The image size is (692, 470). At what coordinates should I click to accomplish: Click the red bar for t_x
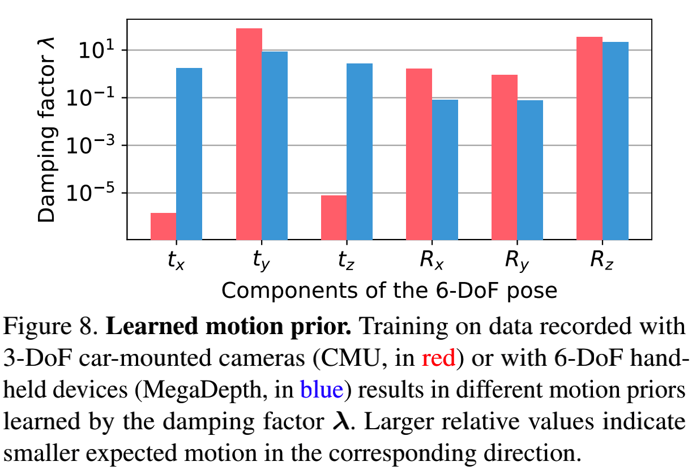coord(163,226)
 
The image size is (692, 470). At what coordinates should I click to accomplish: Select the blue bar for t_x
coord(189,153)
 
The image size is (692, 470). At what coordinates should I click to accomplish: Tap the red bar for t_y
coord(249,134)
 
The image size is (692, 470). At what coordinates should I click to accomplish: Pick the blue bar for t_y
coord(275,146)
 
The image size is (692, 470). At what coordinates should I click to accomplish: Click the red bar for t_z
coord(334,217)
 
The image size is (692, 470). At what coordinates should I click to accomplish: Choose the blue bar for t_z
coord(360,151)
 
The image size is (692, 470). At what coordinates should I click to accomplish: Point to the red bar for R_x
coord(419,154)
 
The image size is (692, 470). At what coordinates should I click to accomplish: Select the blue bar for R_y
coord(530,170)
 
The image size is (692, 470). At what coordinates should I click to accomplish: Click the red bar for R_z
coord(589,138)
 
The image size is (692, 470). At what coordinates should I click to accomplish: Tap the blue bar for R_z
coord(616,140)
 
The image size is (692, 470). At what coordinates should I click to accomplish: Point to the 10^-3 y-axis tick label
coord(89,145)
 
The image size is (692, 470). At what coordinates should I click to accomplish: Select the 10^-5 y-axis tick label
coord(89,193)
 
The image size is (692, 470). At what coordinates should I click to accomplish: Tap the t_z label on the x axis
coord(346,260)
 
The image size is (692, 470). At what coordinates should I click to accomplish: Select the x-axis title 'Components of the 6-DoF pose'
coord(389,291)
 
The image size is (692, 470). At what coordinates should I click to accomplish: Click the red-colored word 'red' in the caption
coord(439,359)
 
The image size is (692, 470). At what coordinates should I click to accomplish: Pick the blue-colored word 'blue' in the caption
coord(322,390)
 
